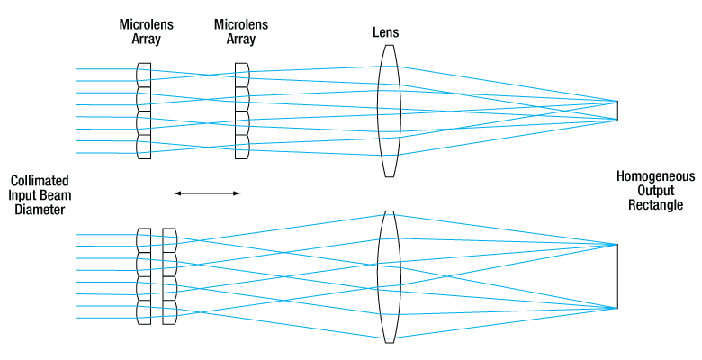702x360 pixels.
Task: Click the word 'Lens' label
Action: (386, 32)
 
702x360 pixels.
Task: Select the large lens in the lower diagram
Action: (388, 276)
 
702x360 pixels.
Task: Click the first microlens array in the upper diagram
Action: (144, 112)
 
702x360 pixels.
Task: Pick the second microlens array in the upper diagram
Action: (241, 112)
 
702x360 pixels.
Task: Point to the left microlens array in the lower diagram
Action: (144, 276)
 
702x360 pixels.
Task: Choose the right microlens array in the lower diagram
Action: (169, 276)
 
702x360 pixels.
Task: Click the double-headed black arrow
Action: (208, 193)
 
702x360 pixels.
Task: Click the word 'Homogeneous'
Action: (650, 177)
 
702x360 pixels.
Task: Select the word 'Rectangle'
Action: (650, 206)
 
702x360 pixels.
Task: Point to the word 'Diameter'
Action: (38, 210)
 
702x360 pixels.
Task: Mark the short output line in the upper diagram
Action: (617, 110)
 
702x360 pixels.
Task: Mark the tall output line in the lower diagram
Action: (617, 276)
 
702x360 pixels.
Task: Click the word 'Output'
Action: (650, 192)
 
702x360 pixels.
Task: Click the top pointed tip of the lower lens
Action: (388, 211)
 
